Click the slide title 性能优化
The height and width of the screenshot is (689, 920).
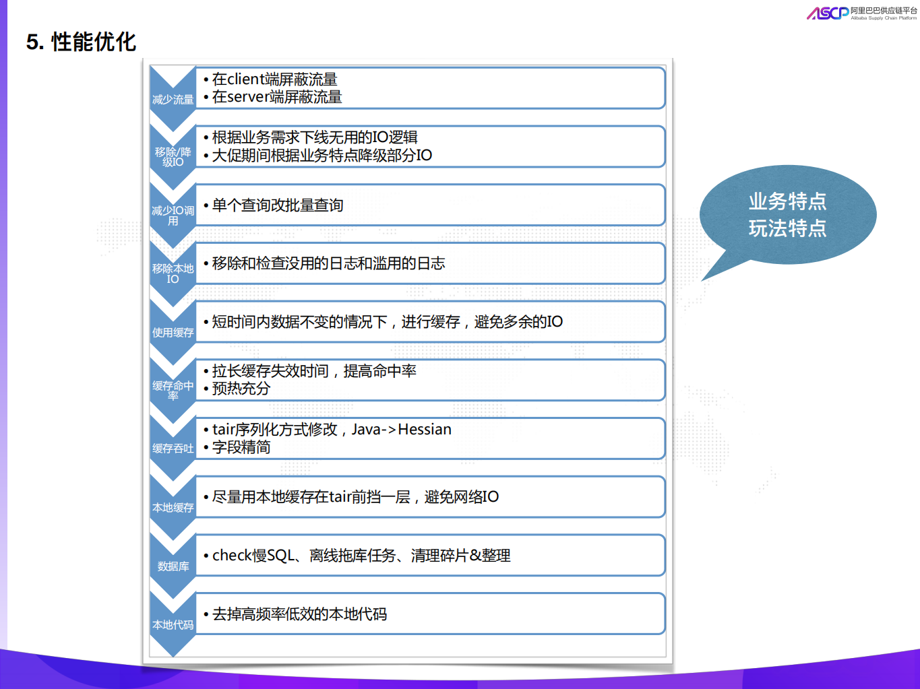pyautogui.click(x=93, y=42)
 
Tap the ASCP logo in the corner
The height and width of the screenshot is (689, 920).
pyautogui.click(x=828, y=13)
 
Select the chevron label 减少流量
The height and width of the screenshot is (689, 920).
pyautogui.click(x=173, y=100)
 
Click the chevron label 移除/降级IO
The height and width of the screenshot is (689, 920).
pyautogui.click(x=173, y=157)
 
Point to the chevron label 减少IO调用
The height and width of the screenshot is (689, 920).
pyautogui.click(x=173, y=216)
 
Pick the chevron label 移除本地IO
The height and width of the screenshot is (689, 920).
pyautogui.click(x=173, y=273)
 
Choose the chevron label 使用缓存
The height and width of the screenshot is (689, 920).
pyautogui.click(x=173, y=333)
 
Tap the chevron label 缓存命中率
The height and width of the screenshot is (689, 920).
pyautogui.click(x=173, y=391)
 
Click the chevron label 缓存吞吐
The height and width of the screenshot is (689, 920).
pyautogui.click(x=173, y=449)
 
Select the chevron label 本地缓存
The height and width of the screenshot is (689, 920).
pyautogui.click(x=173, y=508)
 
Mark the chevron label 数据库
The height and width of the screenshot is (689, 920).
pyautogui.click(x=173, y=566)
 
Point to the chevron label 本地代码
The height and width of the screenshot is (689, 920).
pyautogui.click(x=173, y=625)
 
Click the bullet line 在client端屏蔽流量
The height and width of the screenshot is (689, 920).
pyautogui.click(x=274, y=79)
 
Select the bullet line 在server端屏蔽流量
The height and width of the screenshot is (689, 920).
pyautogui.click(x=277, y=97)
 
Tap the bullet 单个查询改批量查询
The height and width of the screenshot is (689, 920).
pyautogui.click(x=278, y=205)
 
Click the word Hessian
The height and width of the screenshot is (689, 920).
pyautogui.click(x=425, y=430)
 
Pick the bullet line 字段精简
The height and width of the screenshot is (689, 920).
pyautogui.click(x=241, y=447)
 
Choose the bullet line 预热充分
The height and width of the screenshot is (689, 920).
pyautogui.click(x=241, y=389)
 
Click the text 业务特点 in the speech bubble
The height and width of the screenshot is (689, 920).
pyautogui.click(x=787, y=201)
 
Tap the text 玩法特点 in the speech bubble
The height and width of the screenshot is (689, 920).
pyautogui.click(x=787, y=229)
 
